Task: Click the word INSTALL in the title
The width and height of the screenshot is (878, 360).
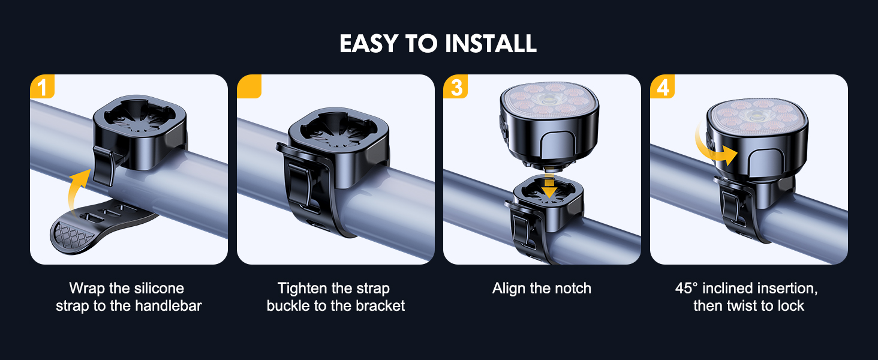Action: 491,43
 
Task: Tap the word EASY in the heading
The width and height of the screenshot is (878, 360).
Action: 369,43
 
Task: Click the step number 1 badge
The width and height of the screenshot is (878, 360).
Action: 42,86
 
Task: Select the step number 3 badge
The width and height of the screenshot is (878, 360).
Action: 455,86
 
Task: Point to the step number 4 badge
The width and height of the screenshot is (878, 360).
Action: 662,86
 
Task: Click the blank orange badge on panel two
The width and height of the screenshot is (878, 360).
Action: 249,86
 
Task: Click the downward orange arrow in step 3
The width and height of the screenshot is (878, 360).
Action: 549,187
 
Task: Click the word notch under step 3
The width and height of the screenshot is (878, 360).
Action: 572,288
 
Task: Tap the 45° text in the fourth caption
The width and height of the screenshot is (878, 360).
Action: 686,288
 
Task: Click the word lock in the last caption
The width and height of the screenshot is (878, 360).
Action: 791,305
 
